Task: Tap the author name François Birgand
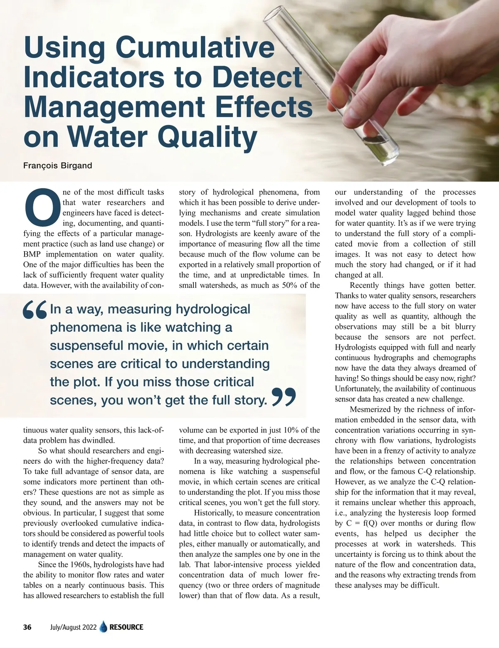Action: pos(57,166)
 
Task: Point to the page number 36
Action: pos(27,627)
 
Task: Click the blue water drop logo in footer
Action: pos(104,627)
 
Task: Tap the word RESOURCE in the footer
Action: pos(126,627)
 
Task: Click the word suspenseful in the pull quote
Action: pos(86,346)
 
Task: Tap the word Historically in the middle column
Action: pos(216,513)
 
